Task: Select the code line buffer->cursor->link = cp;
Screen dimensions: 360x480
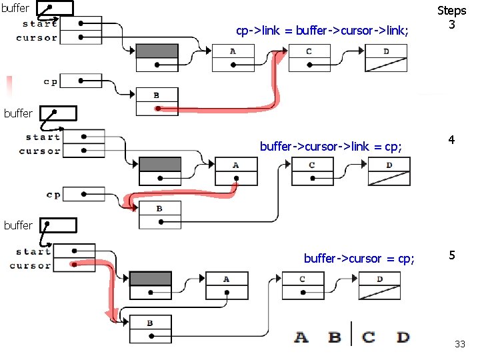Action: [x=331, y=146]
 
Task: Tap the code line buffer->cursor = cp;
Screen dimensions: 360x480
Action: [x=359, y=259]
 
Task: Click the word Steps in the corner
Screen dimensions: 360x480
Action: [x=451, y=11]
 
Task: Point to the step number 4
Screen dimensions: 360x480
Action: [x=451, y=141]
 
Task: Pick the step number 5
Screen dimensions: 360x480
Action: [x=451, y=255]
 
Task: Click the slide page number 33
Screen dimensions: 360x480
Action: [x=459, y=344]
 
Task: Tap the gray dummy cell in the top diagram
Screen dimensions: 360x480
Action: [x=157, y=51]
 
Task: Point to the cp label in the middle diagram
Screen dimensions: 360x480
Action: [x=53, y=195]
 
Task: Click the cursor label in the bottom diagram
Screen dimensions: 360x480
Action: [x=30, y=266]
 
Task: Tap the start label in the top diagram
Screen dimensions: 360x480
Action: [x=39, y=24]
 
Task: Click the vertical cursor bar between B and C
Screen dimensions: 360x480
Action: [x=351, y=329]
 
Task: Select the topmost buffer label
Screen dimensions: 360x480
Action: [x=15, y=9]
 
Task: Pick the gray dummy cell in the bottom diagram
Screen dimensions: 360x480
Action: [x=150, y=279]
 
